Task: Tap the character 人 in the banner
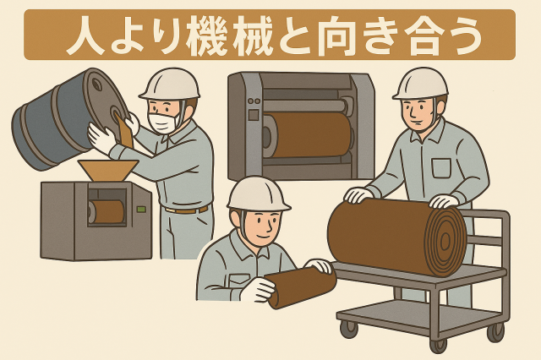click(x=86, y=35)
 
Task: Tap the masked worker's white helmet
click(x=170, y=85)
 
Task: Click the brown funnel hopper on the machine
click(x=108, y=170)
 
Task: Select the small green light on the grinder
click(x=141, y=209)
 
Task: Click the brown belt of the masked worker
click(x=186, y=209)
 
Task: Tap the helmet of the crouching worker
click(x=257, y=194)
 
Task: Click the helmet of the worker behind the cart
click(x=420, y=84)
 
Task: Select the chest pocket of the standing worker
click(x=441, y=166)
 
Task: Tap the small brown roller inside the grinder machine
click(x=108, y=211)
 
